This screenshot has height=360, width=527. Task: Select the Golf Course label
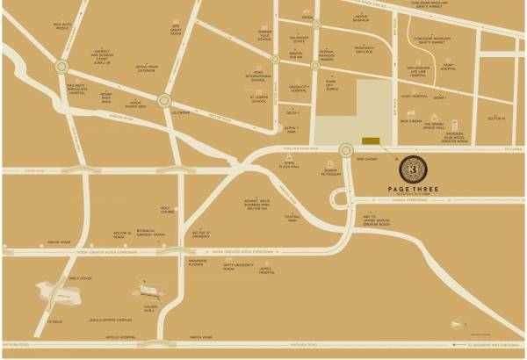pyautogui.click(x=168, y=211)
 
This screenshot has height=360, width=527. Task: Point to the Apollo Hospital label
pyautogui.click(x=121, y=337)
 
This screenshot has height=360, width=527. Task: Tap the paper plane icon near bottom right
pyautogui.click(x=457, y=325)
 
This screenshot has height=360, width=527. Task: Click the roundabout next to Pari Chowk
pyautogui.click(x=345, y=150)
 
